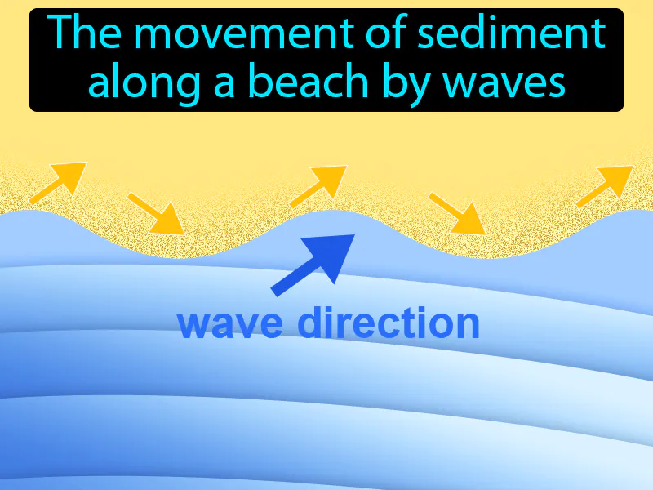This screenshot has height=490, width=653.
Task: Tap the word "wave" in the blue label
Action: (231, 325)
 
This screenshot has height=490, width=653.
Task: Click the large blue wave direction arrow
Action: (313, 263)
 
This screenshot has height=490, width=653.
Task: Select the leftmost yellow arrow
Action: (57, 183)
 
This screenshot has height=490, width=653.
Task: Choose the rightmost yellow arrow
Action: (605, 185)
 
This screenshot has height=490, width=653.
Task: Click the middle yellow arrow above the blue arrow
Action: (318, 185)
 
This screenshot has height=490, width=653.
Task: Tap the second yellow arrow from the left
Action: (155, 213)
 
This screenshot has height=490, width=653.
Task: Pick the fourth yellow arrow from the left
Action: (457, 213)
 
